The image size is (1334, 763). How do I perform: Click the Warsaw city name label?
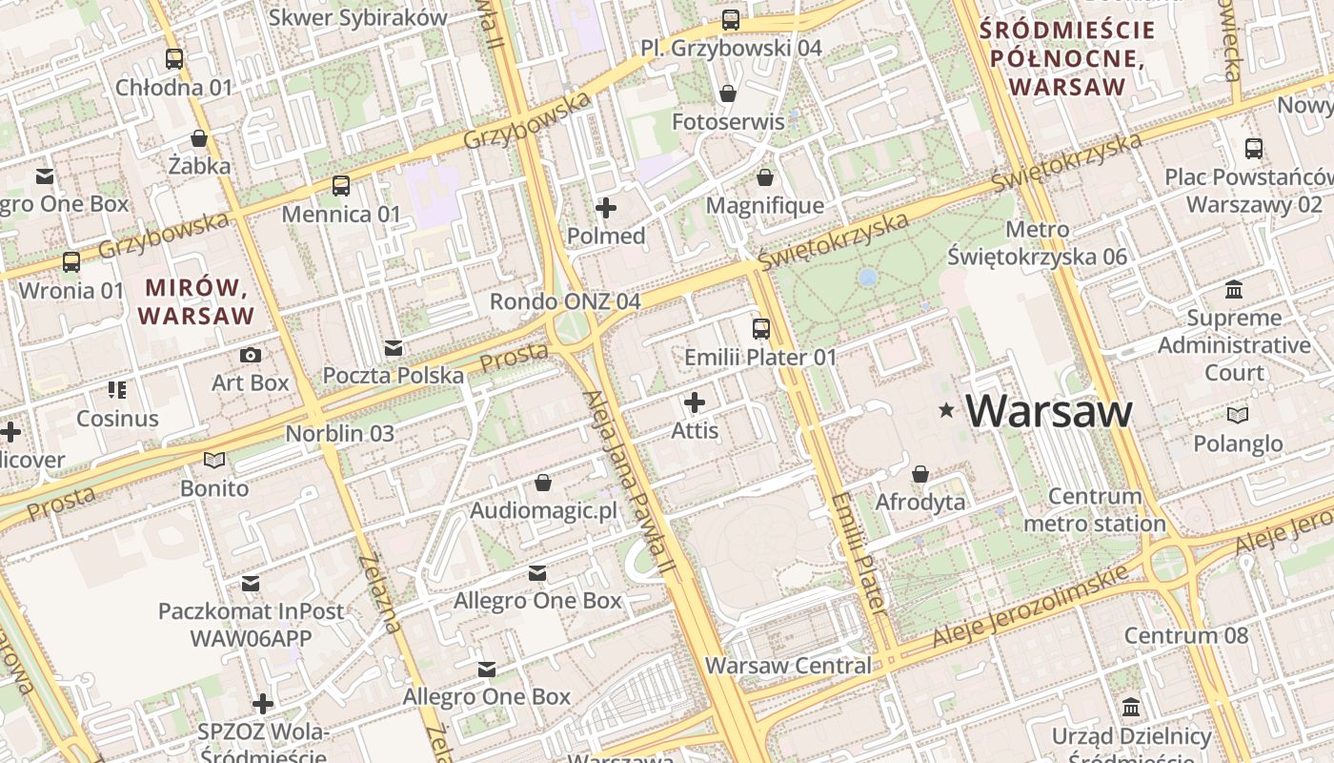tap(1049, 411)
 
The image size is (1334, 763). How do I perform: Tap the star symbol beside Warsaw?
tap(946, 410)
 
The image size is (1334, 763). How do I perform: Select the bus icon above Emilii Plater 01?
tap(760, 329)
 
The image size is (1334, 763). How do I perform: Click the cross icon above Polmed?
tap(605, 207)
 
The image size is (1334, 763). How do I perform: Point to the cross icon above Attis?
tap(695, 402)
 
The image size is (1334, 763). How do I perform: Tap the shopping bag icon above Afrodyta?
tap(920, 474)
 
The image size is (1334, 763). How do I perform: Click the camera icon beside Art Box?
tap(251, 356)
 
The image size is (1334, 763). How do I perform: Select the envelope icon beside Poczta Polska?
tap(393, 348)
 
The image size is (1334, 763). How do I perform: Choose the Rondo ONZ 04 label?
tap(564, 301)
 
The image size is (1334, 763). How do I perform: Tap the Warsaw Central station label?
tap(788, 666)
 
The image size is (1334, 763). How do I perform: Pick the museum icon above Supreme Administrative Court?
tap(1234, 289)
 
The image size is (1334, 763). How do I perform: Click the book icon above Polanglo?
tap(1237, 415)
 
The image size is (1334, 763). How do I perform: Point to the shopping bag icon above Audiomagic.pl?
tap(543, 483)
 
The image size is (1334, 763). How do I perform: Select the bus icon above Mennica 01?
tap(341, 186)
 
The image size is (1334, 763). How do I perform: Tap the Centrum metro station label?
tap(1094, 509)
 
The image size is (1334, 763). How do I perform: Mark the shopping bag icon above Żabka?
tap(199, 138)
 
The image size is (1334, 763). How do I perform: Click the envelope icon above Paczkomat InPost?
tap(251, 583)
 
